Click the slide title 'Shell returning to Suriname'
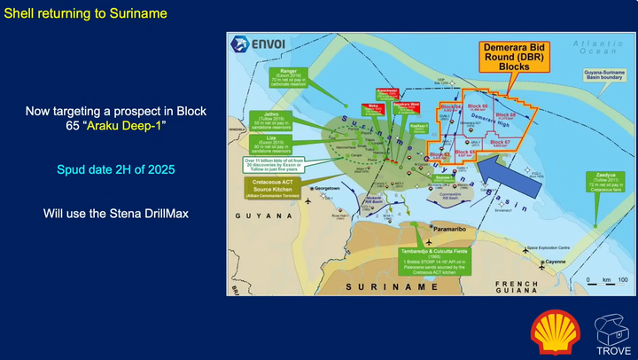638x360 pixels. [86, 15]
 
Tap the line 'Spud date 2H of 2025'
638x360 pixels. [115, 168]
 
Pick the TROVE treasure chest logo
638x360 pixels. [613, 331]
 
